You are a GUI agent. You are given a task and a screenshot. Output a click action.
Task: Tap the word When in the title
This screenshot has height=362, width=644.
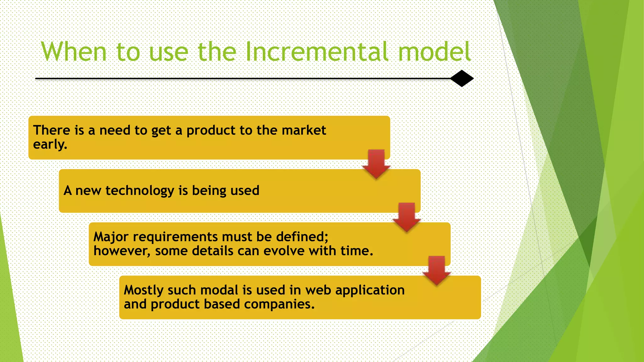click(74, 52)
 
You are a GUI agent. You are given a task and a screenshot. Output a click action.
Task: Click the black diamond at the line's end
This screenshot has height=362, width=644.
click(462, 79)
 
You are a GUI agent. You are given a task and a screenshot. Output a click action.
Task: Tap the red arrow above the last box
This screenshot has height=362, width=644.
click(436, 271)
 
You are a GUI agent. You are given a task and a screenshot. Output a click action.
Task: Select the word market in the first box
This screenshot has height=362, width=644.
click(304, 130)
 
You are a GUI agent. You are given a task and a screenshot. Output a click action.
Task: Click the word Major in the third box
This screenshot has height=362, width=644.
click(111, 237)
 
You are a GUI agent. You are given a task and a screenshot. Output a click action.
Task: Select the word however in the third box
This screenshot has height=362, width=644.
click(121, 251)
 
